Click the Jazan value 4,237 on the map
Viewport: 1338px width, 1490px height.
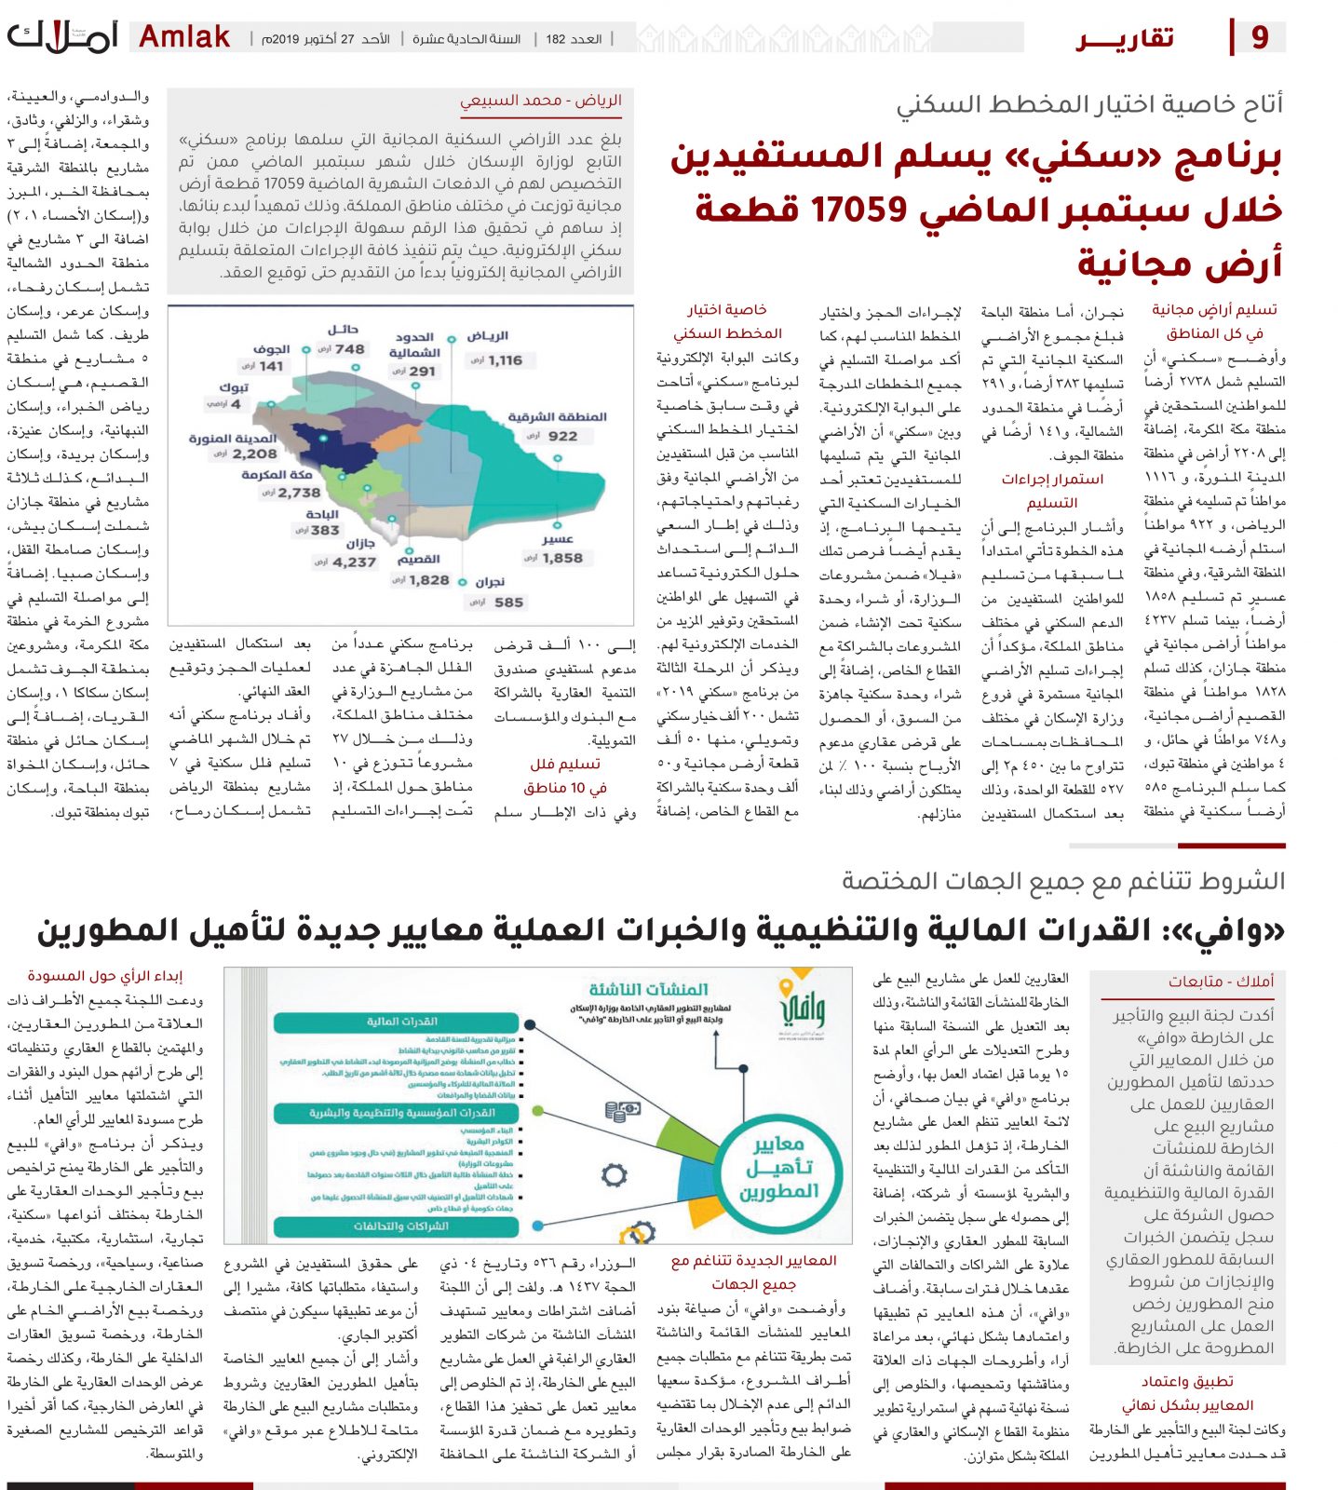click(x=354, y=562)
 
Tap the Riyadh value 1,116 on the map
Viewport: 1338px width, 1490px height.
click(x=505, y=360)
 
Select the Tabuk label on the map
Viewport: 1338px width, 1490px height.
click(x=234, y=386)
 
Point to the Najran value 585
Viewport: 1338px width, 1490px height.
click(x=508, y=602)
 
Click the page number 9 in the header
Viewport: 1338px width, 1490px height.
click(x=1260, y=37)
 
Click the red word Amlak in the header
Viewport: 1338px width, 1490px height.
click(x=184, y=37)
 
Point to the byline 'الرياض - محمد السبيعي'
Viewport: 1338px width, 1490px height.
click(x=541, y=101)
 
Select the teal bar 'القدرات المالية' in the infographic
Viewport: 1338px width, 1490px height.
click(x=401, y=1022)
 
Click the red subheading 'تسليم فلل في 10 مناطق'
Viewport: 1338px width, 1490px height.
click(x=565, y=775)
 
